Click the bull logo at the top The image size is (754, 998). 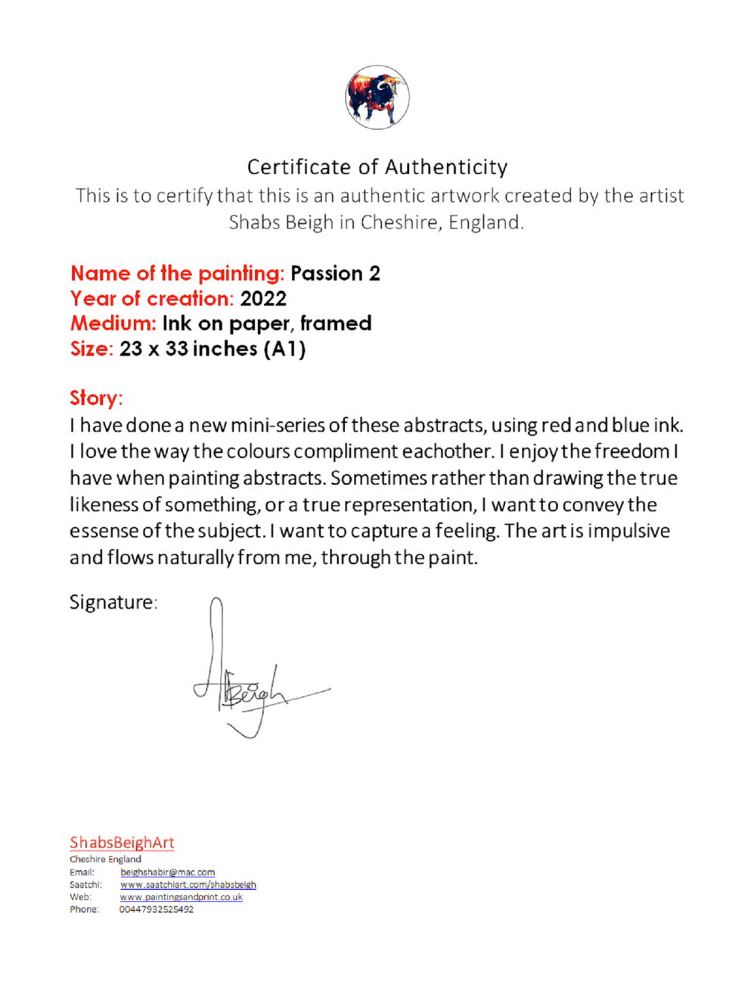pos(377,98)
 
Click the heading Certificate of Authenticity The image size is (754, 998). pos(377,167)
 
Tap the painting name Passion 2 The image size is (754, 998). pos(335,274)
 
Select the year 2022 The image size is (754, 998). pos(263,299)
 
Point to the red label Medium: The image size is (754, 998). pos(113,324)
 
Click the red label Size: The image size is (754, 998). pos(92,349)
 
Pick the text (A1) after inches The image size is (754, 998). pos(285,349)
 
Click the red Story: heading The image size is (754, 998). pos(96,398)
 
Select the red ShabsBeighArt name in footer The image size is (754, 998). pos(122,842)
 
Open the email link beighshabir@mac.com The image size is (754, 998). pos(167,872)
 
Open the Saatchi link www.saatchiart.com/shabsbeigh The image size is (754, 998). pos(188,885)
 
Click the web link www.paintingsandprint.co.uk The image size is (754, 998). pos(181,897)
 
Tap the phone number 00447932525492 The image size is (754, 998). pos(156,910)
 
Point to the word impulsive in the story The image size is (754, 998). pos(628,531)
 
